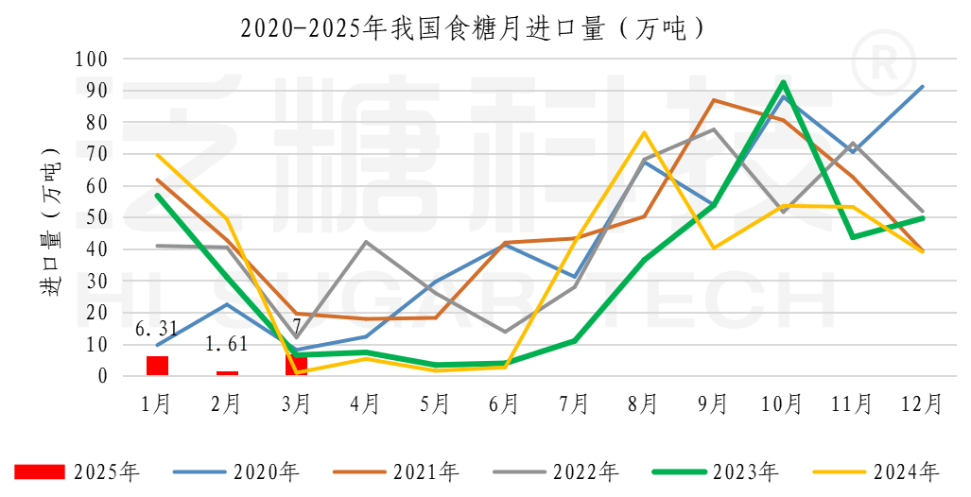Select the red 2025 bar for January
click(157, 366)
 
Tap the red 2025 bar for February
click(227, 372)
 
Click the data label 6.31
click(157, 330)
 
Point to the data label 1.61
click(227, 344)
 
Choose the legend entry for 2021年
click(398, 471)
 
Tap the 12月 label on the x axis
click(921, 404)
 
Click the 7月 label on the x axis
click(574, 404)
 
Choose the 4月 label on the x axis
click(365, 404)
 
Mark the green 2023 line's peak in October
click(783, 82)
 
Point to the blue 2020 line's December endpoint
click(922, 86)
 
